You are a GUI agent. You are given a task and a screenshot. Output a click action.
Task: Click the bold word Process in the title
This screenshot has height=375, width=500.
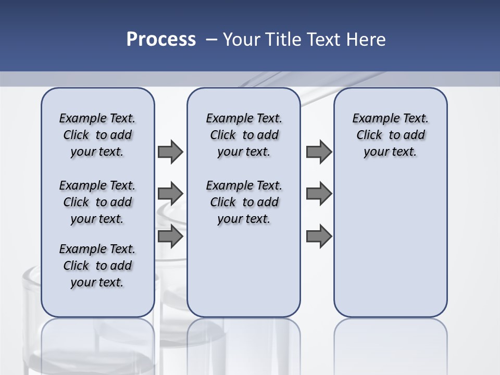click(x=161, y=40)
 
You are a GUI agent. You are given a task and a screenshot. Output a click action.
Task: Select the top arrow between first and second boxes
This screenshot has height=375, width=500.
click(x=170, y=152)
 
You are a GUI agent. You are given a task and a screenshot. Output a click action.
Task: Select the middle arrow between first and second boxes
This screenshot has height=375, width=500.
click(x=170, y=194)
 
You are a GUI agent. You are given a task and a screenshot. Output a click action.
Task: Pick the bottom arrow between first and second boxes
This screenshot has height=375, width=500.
click(x=170, y=236)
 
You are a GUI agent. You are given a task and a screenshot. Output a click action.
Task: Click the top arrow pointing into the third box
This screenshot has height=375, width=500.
click(x=319, y=152)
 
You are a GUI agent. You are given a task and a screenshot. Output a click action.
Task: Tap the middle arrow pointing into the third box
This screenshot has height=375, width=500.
click(x=319, y=194)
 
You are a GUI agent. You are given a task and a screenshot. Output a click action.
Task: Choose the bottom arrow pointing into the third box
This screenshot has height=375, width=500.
click(x=319, y=236)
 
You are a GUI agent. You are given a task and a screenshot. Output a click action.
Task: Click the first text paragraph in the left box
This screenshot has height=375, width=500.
click(x=97, y=135)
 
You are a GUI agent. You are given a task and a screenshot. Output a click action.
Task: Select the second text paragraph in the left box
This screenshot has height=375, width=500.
click(x=97, y=202)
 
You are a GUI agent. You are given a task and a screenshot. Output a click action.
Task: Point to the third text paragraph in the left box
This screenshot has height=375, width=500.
click(x=97, y=266)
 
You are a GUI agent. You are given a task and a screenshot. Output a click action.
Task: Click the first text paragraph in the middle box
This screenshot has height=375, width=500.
click(x=244, y=135)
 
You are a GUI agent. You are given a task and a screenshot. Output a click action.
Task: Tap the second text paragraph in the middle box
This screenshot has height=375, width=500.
click(x=244, y=202)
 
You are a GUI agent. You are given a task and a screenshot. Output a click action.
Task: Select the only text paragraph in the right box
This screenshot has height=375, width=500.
click(x=390, y=135)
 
